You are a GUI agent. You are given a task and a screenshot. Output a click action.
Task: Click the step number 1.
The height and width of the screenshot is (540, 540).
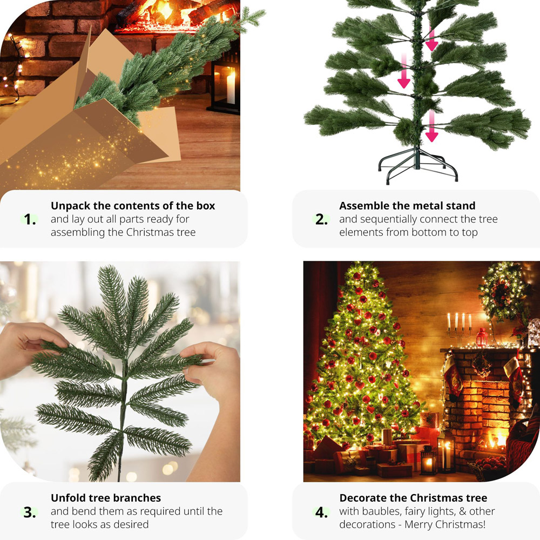coord(30,220)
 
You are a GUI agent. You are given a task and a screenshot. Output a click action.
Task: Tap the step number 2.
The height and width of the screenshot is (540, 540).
coord(322,220)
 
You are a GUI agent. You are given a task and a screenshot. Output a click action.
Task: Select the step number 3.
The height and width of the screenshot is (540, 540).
coord(30,511)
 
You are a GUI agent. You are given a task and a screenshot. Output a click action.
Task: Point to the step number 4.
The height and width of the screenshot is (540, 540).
coord(322,511)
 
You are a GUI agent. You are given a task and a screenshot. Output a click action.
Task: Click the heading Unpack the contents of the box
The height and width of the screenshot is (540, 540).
coord(133,206)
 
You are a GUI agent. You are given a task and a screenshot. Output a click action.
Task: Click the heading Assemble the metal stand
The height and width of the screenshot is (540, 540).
coord(407,206)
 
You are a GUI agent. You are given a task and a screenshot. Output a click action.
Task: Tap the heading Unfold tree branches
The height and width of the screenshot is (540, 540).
coord(106,497)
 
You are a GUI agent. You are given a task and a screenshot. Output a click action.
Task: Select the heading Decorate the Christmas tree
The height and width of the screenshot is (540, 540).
coord(413,497)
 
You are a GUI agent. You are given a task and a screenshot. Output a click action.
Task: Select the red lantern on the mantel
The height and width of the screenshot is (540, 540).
coord(482,338)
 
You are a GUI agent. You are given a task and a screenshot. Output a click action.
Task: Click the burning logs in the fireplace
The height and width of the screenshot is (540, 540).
coord(178,13)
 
